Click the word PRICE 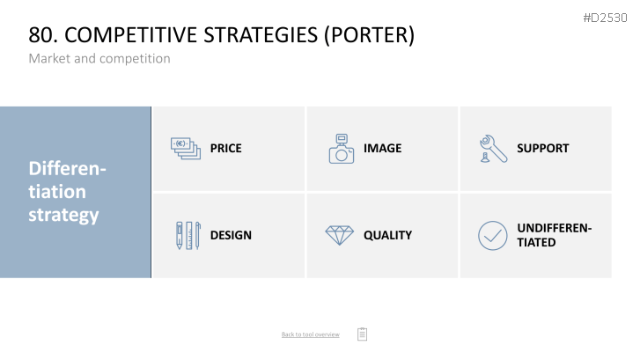click(x=225, y=148)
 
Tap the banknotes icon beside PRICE click(x=186, y=149)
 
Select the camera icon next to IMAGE click(x=342, y=149)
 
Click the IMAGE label click(x=382, y=148)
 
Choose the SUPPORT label click(x=543, y=148)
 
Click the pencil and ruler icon click(x=188, y=236)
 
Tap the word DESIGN click(x=231, y=235)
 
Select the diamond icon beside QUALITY click(x=340, y=236)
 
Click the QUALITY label click(x=387, y=235)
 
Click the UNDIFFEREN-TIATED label click(x=554, y=235)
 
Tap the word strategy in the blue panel click(x=63, y=215)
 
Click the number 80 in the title click(x=40, y=34)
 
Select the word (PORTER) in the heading click(x=369, y=35)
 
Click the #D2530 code click(x=605, y=18)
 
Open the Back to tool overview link click(x=310, y=334)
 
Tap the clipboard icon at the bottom click(x=362, y=334)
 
